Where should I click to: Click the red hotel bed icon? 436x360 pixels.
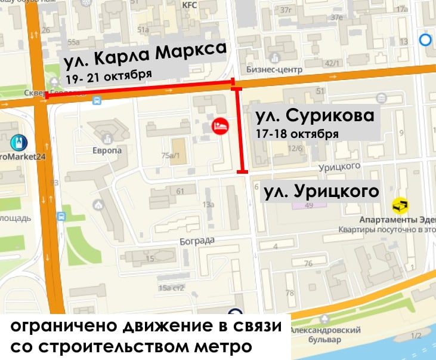(x=221, y=126)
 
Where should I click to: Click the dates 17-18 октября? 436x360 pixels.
(x=296, y=134)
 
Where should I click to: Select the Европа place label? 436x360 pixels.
(x=107, y=150)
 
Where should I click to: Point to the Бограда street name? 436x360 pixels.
(x=196, y=241)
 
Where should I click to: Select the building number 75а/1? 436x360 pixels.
(x=172, y=156)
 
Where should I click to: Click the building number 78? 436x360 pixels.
(x=290, y=293)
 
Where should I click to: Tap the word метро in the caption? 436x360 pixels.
(x=227, y=347)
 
